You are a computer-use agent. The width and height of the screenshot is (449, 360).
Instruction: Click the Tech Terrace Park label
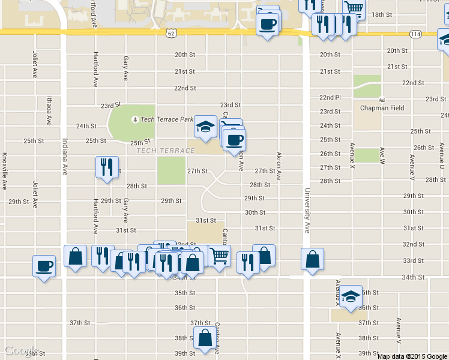tap(167, 119)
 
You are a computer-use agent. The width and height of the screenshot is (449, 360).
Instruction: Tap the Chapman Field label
tap(382, 108)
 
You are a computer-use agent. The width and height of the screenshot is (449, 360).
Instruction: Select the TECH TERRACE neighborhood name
tap(161, 150)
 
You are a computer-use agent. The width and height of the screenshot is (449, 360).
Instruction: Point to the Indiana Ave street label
tap(65, 157)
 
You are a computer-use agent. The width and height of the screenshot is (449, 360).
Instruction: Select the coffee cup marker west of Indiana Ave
tap(44, 265)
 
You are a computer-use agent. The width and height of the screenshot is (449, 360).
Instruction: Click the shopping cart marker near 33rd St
tap(220, 256)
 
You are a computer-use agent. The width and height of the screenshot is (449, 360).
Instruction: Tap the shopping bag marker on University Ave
tap(312, 259)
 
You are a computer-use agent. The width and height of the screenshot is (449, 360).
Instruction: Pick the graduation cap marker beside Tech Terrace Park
tap(205, 127)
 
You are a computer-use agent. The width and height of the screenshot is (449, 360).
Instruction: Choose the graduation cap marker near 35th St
tap(351, 296)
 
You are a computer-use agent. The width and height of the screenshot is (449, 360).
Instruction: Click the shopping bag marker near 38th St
tap(205, 338)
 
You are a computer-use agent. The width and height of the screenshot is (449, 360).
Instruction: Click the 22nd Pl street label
tap(330, 97)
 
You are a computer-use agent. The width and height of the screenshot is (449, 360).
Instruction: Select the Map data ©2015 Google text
tap(412, 356)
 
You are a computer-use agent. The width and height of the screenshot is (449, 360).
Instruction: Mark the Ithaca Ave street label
tap(49, 112)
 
